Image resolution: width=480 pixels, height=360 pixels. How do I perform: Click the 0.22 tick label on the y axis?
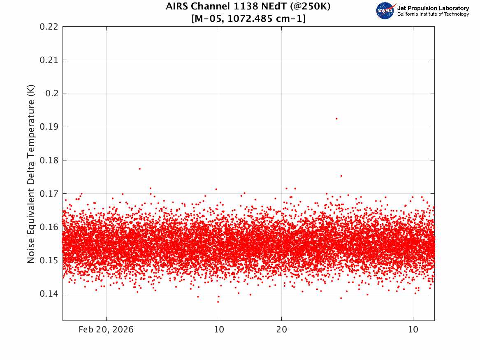[x=49, y=27]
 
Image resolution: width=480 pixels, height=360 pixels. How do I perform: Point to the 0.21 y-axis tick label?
[x=49, y=60]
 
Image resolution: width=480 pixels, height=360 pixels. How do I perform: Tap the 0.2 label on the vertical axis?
[x=52, y=93]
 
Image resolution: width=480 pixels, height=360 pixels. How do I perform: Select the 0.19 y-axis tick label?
[x=49, y=127]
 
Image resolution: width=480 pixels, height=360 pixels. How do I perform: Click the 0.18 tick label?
[x=49, y=160]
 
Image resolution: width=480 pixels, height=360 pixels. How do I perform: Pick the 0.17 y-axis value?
[x=49, y=194]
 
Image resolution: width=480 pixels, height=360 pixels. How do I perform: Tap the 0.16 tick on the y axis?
[x=49, y=227]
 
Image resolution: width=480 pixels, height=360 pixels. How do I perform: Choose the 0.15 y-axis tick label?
[x=49, y=260]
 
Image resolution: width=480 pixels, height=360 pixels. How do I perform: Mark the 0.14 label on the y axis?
[x=49, y=294]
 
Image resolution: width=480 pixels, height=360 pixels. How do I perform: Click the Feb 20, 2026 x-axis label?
[x=106, y=330]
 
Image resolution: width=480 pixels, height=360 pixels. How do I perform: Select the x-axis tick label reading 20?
[x=282, y=330]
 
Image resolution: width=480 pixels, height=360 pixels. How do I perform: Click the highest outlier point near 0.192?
[x=336, y=119]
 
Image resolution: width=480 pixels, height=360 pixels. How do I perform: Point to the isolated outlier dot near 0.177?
[x=139, y=169]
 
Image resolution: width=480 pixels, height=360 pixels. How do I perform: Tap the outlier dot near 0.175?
[x=341, y=176]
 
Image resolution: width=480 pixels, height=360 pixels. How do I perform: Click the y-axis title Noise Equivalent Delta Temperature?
[x=31, y=174]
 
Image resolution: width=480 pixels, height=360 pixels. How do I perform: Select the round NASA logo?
[x=385, y=11]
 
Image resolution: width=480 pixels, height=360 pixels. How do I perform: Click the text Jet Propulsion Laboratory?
[x=433, y=8]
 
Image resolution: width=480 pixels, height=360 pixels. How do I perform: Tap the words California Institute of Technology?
[x=433, y=14]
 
